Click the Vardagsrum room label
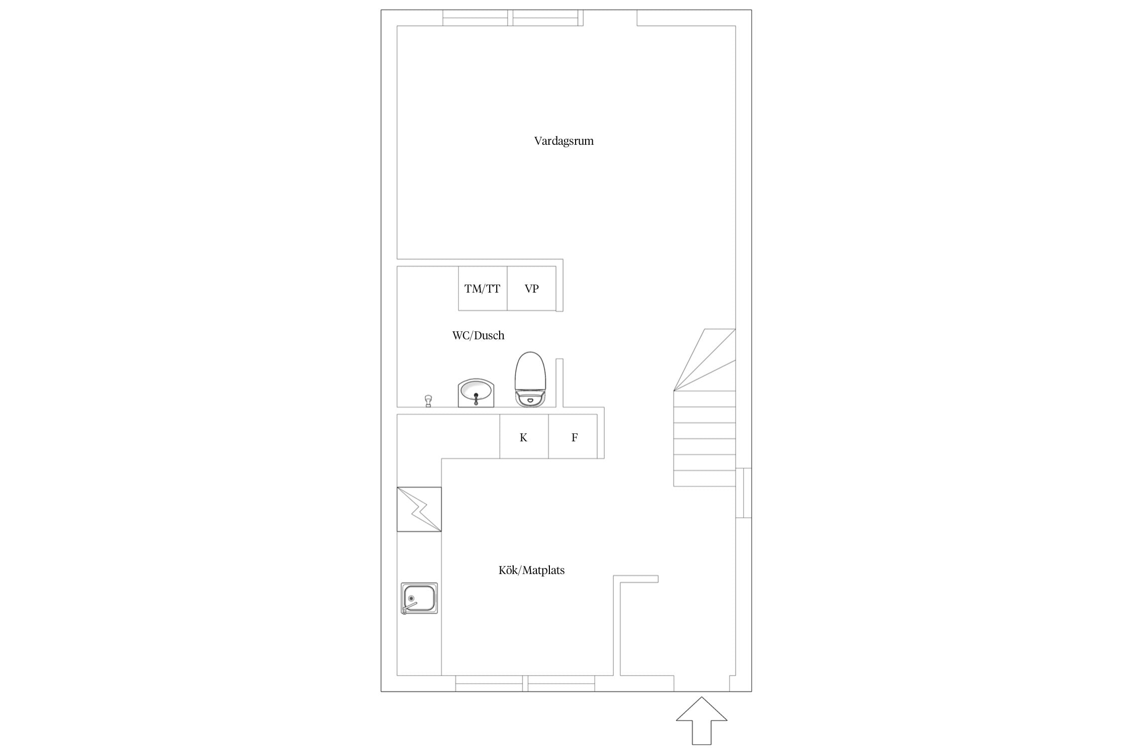563,141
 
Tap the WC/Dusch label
478,335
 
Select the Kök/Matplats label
531,570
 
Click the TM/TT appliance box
483,289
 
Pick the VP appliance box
532,289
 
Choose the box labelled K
524,436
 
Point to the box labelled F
573,436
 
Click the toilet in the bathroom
530,379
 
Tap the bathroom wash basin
476,393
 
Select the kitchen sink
419,598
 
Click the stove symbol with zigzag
419,509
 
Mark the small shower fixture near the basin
428,401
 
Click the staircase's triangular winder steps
705,359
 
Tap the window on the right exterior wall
743,493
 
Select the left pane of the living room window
476,18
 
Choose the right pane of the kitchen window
561,684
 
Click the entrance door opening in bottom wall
701,684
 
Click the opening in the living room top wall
610,18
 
